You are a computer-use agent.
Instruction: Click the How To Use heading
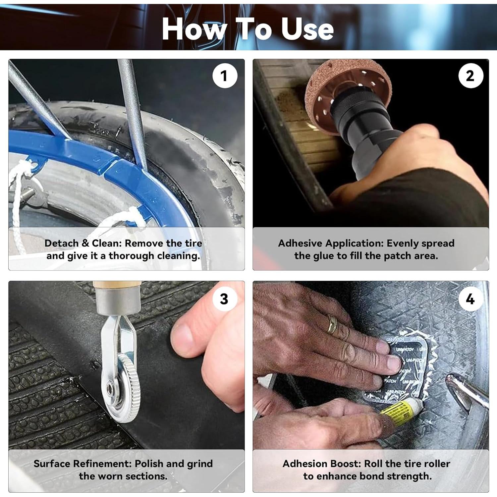[248, 29]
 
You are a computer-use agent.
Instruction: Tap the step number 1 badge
[225, 76]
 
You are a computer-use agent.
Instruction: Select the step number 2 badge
[470, 76]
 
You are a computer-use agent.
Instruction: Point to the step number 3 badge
[224, 299]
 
